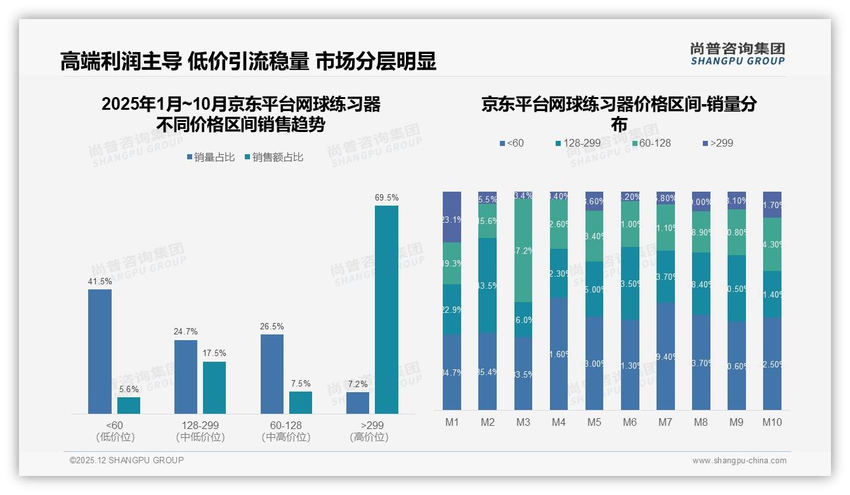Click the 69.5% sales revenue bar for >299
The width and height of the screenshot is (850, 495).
pyautogui.click(x=386, y=310)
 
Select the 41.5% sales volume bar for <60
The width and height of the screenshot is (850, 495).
pyautogui.click(x=100, y=352)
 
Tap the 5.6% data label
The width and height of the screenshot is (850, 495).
pyautogui.click(x=129, y=389)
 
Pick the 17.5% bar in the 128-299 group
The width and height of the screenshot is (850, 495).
pyautogui.click(x=214, y=388)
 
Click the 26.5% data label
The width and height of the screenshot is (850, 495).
pyautogui.click(x=271, y=326)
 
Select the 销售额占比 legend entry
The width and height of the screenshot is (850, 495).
pyautogui.click(x=273, y=157)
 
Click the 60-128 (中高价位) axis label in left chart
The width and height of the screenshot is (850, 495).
pyautogui.click(x=285, y=431)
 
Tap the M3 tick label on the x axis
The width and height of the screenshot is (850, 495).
pyautogui.click(x=523, y=422)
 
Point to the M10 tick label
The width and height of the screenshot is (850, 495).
pyautogui.click(x=772, y=422)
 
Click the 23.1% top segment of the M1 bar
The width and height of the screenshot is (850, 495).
pyautogui.click(x=452, y=217)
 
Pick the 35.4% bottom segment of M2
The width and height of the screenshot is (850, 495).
pyautogui.click(x=487, y=371)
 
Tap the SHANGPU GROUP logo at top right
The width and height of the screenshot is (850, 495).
pyautogui.click(x=737, y=54)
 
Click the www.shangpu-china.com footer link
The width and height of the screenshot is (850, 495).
pyautogui.click(x=739, y=461)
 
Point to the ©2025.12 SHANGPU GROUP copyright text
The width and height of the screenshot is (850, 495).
pyautogui.click(x=127, y=460)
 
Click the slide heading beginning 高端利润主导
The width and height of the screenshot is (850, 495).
pyautogui.click(x=248, y=62)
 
